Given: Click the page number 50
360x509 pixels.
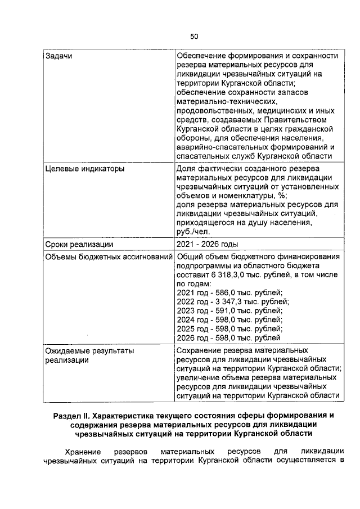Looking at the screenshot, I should coord(194,37).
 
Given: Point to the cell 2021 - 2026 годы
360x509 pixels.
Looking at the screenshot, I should coord(207,244).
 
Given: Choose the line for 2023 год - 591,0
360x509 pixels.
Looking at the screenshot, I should coord(229,310).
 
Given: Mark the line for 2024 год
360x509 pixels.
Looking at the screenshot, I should coord(229,319).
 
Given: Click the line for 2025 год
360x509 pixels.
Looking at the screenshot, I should coord(229,328).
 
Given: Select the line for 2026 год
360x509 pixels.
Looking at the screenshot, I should coord(228,337).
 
